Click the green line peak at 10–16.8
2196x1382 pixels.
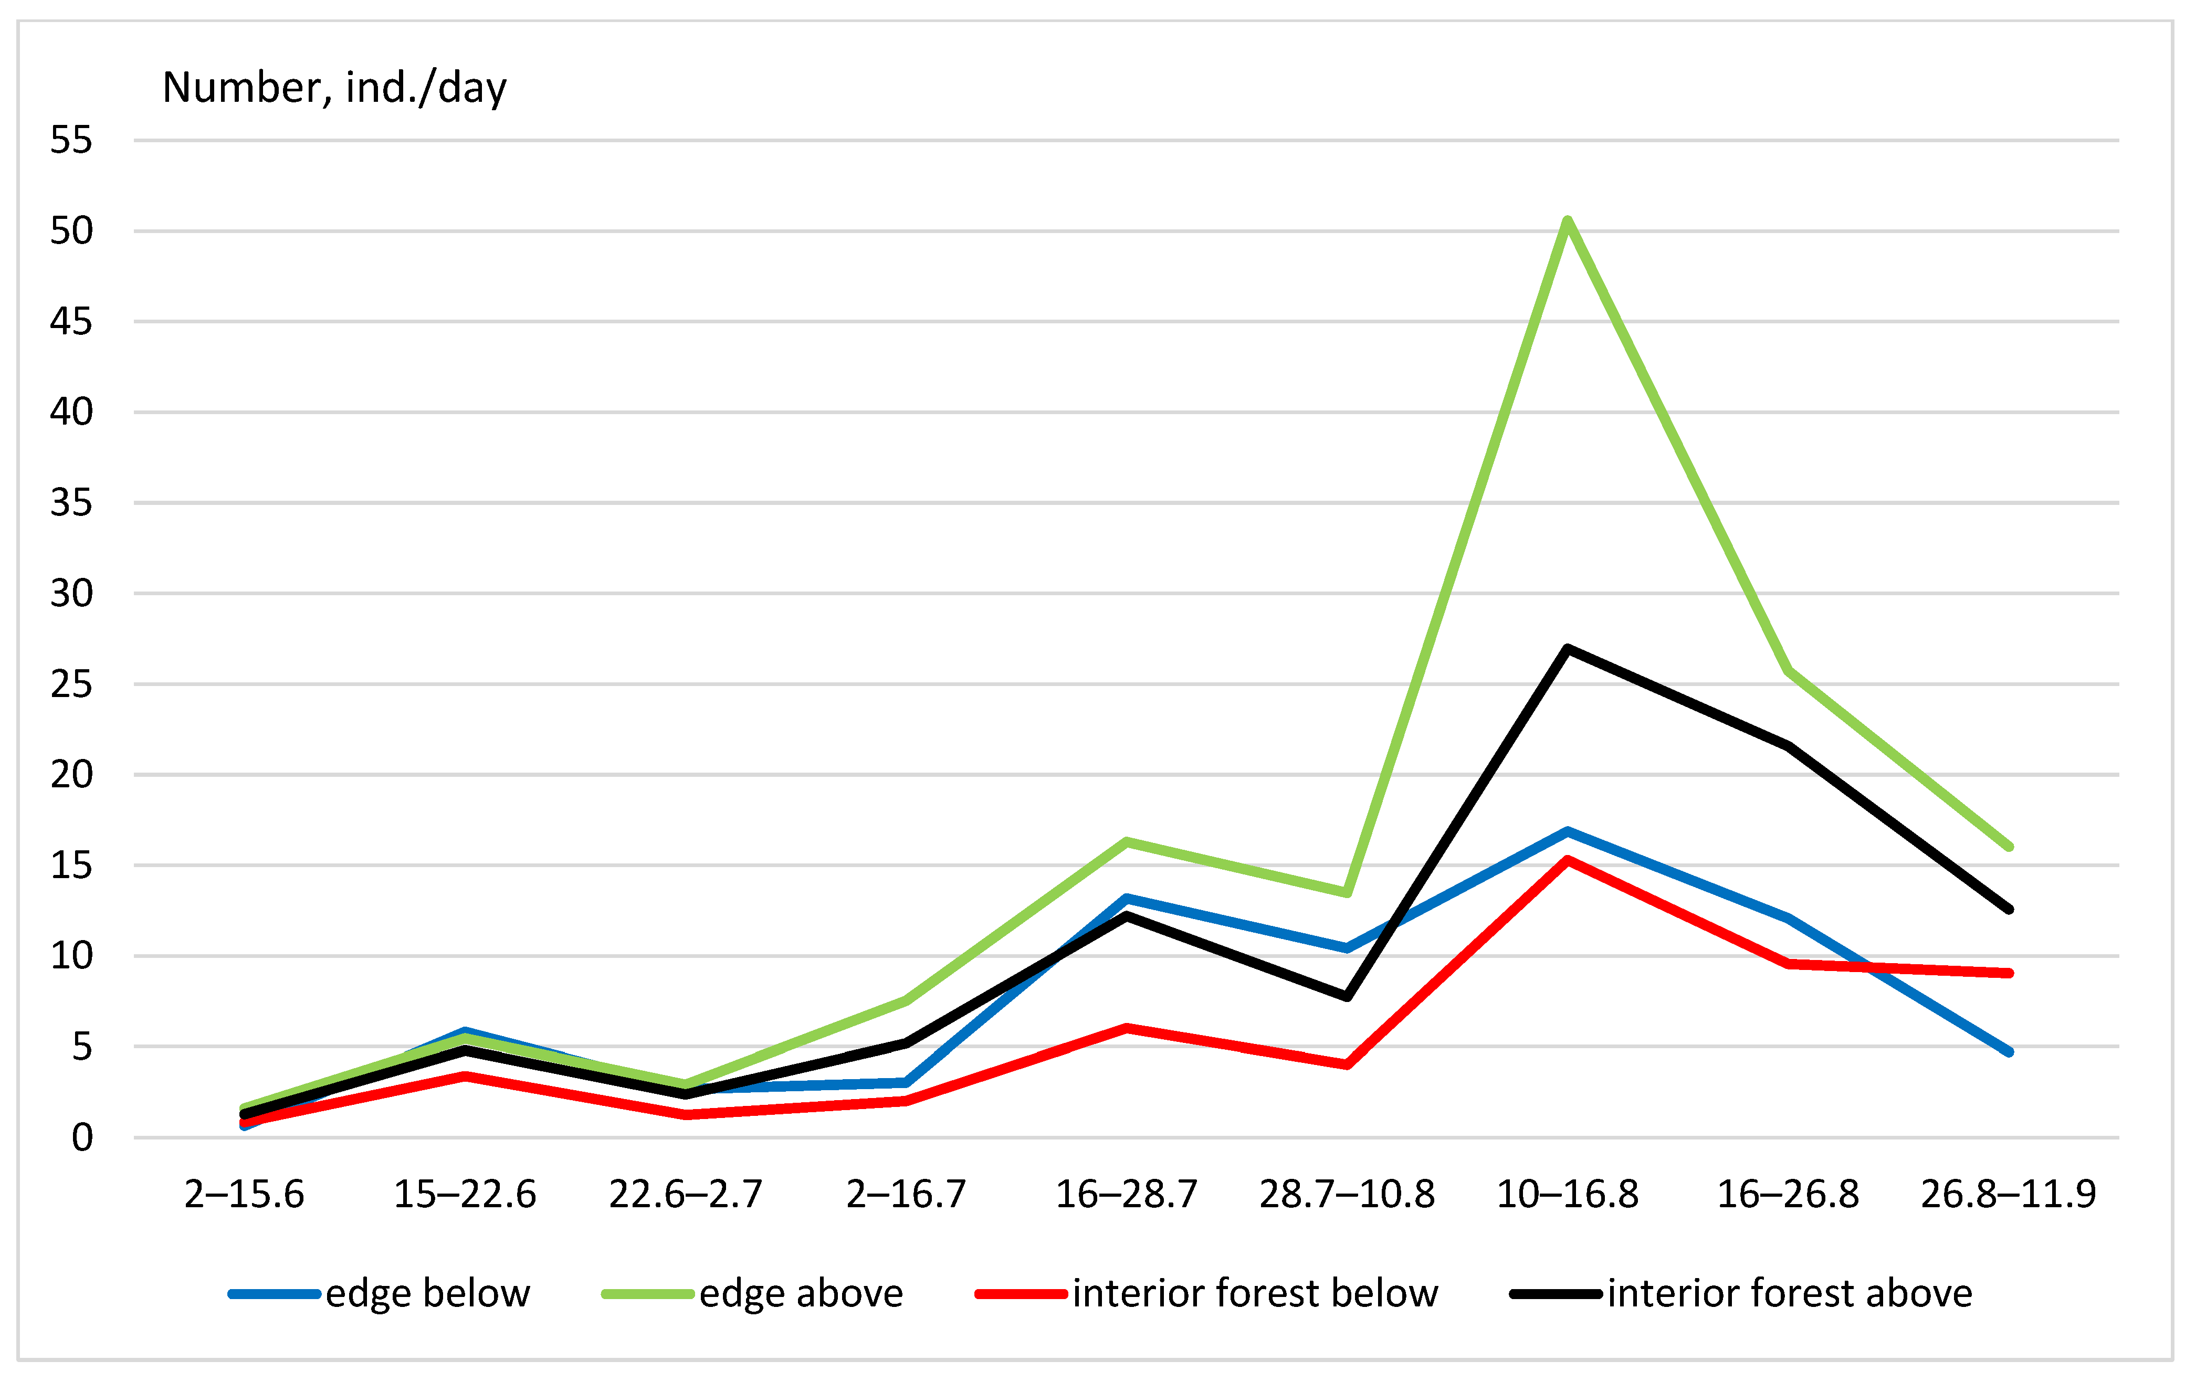point(1567,220)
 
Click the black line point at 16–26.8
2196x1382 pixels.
point(1788,746)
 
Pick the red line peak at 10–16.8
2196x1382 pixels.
point(1567,860)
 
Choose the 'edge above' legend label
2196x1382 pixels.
point(801,1294)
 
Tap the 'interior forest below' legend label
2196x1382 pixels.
point(1255,1294)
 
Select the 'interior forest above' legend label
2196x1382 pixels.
point(1789,1294)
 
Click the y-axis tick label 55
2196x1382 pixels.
point(71,140)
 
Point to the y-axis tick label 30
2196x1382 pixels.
point(71,594)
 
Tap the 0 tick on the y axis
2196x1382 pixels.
point(82,1138)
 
